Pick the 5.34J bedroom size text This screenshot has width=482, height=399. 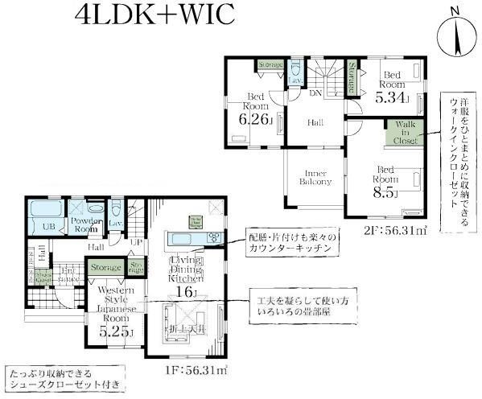click(393, 98)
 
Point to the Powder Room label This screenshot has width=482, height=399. click(86, 224)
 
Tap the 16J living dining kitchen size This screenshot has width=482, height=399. click(192, 292)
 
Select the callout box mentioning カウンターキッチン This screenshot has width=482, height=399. click(293, 243)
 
